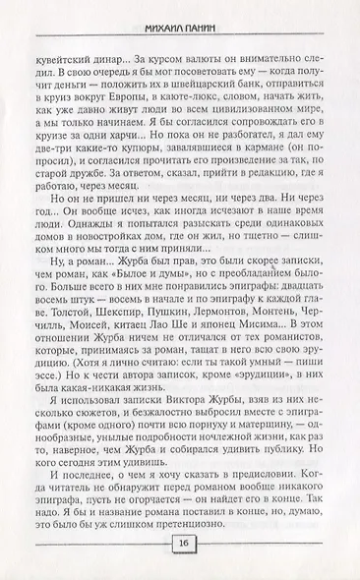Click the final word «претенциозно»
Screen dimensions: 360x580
point(279,525)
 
